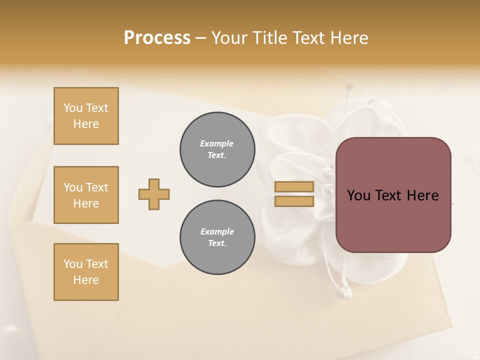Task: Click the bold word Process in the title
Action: coord(157,38)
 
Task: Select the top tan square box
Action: coord(86,116)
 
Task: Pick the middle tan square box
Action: coord(86,195)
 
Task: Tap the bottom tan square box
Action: coord(86,272)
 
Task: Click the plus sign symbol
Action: coord(154,194)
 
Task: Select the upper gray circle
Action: coord(217,149)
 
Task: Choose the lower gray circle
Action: coord(217,237)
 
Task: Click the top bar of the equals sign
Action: coord(294,187)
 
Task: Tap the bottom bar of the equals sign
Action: coord(294,201)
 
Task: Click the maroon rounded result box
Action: coord(393,195)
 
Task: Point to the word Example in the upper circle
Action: coord(217,143)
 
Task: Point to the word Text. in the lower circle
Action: coord(217,243)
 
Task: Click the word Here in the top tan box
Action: coord(86,124)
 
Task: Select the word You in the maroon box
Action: coord(358,195)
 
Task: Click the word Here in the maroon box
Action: coord(422,195)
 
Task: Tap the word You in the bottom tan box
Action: coord(73,264)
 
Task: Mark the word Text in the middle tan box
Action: coord(97,187)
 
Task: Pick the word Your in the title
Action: coord(228,38)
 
